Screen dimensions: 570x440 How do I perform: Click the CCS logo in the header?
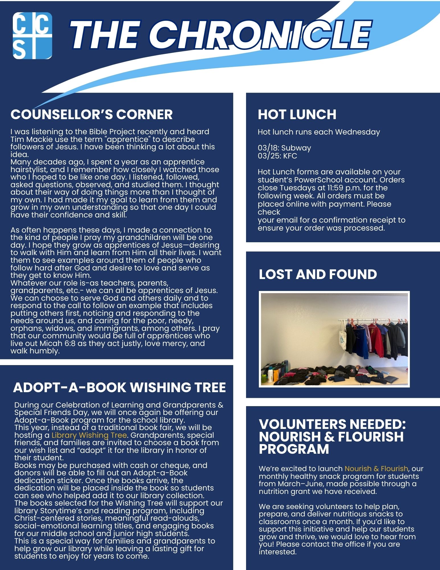coord(32,36)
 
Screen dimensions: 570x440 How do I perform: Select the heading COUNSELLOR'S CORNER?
coord(91,114)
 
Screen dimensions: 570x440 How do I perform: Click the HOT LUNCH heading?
coord(297,114)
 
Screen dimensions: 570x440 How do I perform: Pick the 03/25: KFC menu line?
coord(277,156)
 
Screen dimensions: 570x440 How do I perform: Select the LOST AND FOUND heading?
coord(318,274)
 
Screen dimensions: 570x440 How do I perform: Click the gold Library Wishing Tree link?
coord(89,435)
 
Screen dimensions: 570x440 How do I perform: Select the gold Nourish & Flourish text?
coord(376,469)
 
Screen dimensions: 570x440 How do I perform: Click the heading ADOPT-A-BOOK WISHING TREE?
coord(119,387)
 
